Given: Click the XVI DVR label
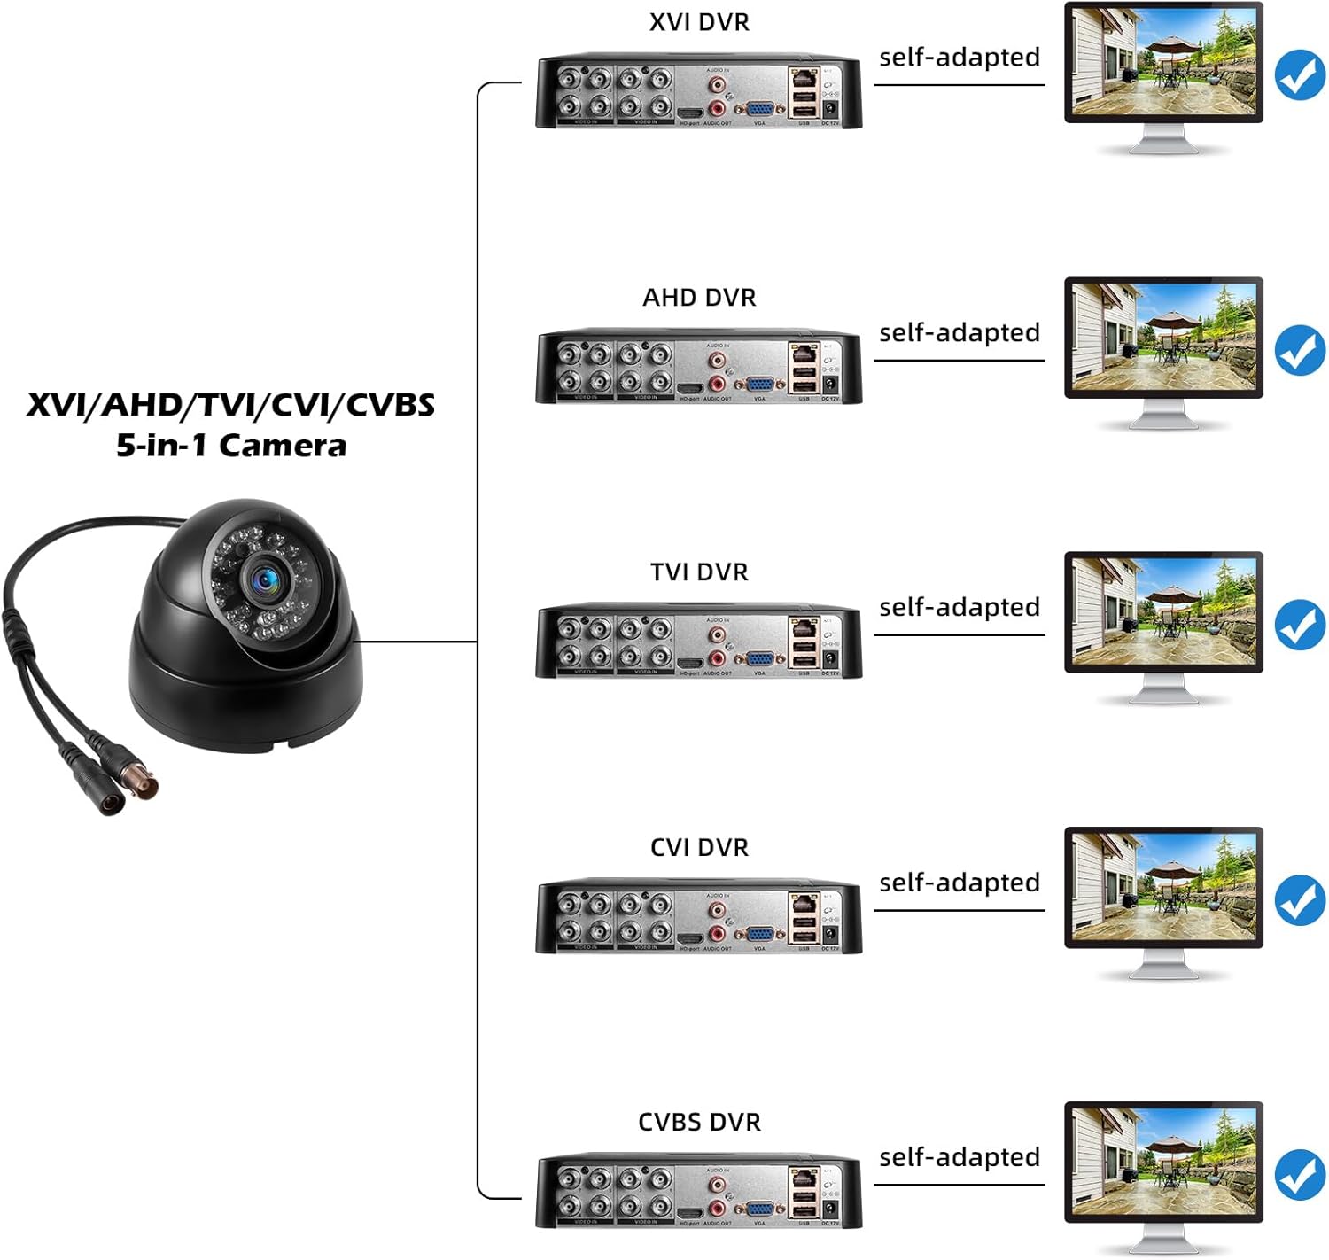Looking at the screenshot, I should (699, 22).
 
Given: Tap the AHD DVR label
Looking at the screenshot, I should (699, 298).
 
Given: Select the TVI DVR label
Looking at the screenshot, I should (699, 572).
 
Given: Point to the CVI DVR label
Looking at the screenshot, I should (699, 848).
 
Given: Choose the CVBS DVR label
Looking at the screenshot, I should (699, 1123).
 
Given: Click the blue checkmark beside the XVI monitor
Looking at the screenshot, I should (1300, 75).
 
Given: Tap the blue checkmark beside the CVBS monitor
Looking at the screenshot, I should (1300, 1175).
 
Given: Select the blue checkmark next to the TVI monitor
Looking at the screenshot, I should (1300, 625).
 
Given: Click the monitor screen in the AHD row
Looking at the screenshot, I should (1163, 337).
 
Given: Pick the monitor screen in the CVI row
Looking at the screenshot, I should (1163, 887).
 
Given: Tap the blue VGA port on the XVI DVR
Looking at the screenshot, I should (760, 110).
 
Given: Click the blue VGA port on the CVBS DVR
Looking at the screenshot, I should (760, 1209).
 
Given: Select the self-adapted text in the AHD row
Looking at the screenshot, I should (959, 333).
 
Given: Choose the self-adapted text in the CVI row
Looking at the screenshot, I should (959, 883).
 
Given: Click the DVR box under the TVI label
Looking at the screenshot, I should (698, 642).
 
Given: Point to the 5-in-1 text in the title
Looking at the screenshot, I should (160, 446).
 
